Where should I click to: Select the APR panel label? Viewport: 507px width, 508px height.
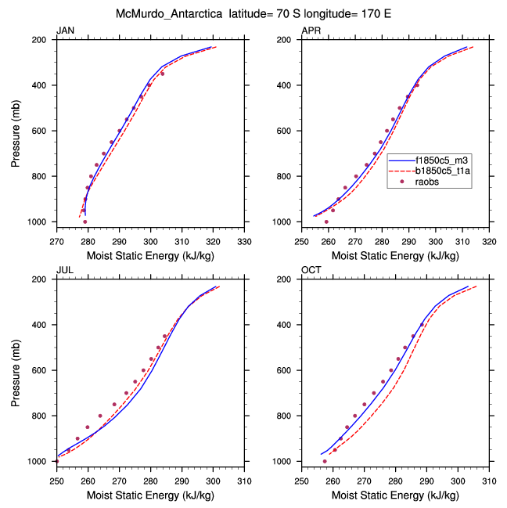311,31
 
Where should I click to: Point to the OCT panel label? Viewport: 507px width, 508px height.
311,270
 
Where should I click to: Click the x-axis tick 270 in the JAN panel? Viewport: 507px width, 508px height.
56,241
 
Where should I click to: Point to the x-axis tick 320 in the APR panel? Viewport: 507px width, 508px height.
489,241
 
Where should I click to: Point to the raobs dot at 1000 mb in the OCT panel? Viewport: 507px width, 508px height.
325,461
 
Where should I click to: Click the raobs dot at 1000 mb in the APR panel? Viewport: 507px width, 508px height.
326,222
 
